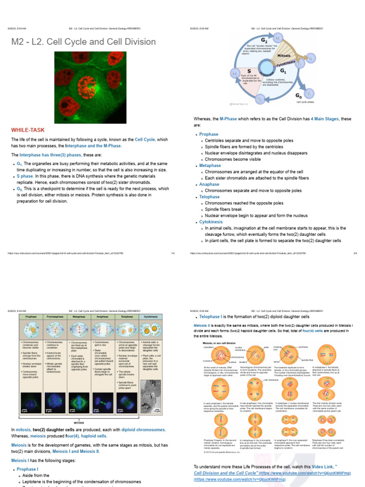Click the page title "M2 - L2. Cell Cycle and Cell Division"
point(83,42)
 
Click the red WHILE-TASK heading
point(28,129)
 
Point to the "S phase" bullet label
point(25,176)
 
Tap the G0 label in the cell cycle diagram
point(298,95)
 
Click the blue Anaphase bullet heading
point(209,184)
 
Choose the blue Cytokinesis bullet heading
point(211,222)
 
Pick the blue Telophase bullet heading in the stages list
point(210,197)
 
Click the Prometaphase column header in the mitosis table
point(56,316)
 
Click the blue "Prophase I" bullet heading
point(28,469)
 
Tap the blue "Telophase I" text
point(211,316)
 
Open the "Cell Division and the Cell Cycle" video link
point(227,473)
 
